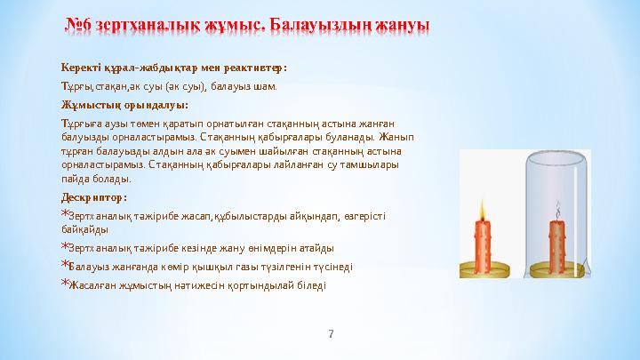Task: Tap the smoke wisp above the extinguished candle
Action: click(x=557, y=212)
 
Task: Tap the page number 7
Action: click(x=332, y=334)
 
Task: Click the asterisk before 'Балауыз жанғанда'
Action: click(x=64, y=265)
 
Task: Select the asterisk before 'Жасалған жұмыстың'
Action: click(x=64, y=284)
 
